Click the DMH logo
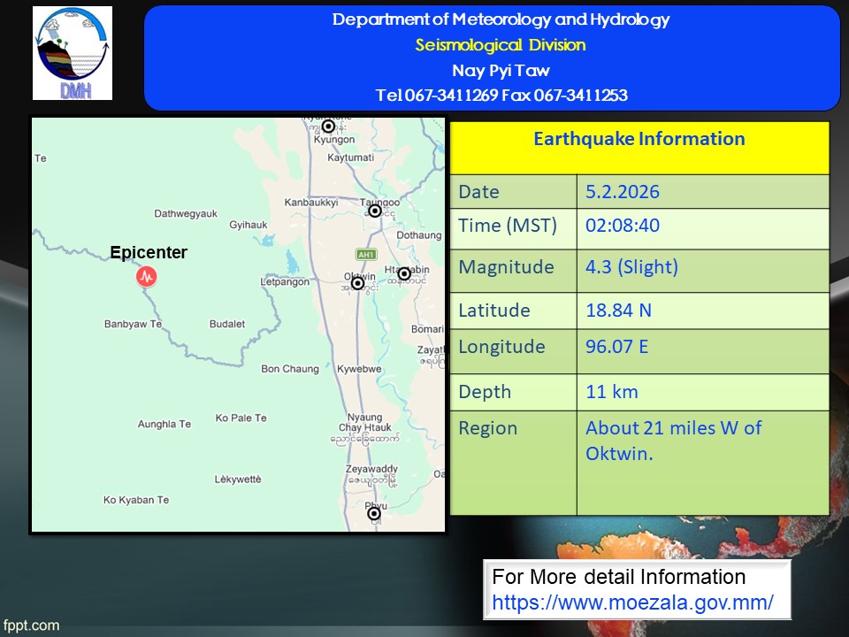73,53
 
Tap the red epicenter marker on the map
147,276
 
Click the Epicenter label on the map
149,252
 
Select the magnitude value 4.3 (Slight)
631,267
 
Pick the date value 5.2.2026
623,192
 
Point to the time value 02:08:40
623,226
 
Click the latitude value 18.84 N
618,311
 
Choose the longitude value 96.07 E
616,347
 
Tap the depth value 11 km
612,392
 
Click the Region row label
488,428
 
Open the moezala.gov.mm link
632,602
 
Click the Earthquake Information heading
639,139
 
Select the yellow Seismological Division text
501,45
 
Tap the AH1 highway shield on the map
366,255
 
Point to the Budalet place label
227,324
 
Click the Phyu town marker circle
374,513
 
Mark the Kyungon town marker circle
329,127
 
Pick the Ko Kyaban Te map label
136,500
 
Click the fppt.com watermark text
31,625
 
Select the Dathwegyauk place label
186,214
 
